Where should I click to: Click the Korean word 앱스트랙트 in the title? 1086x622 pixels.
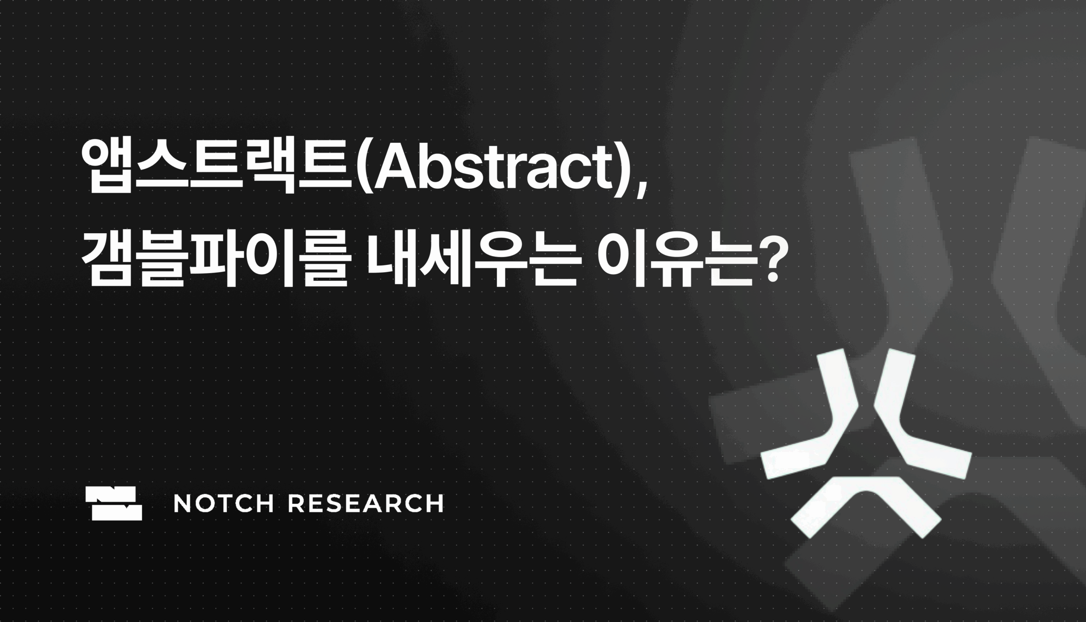[x=218, y=167]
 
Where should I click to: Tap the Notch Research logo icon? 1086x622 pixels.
[x=114, y=503]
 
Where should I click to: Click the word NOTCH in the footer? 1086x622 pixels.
[x=223, y=503]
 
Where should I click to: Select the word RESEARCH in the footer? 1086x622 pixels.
[x=366, y=503]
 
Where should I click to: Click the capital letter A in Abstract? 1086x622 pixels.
[x=396, y=167]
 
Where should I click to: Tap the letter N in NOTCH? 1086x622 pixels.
[x=182, y=503]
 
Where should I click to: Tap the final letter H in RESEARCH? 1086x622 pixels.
[x=436, y=503]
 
